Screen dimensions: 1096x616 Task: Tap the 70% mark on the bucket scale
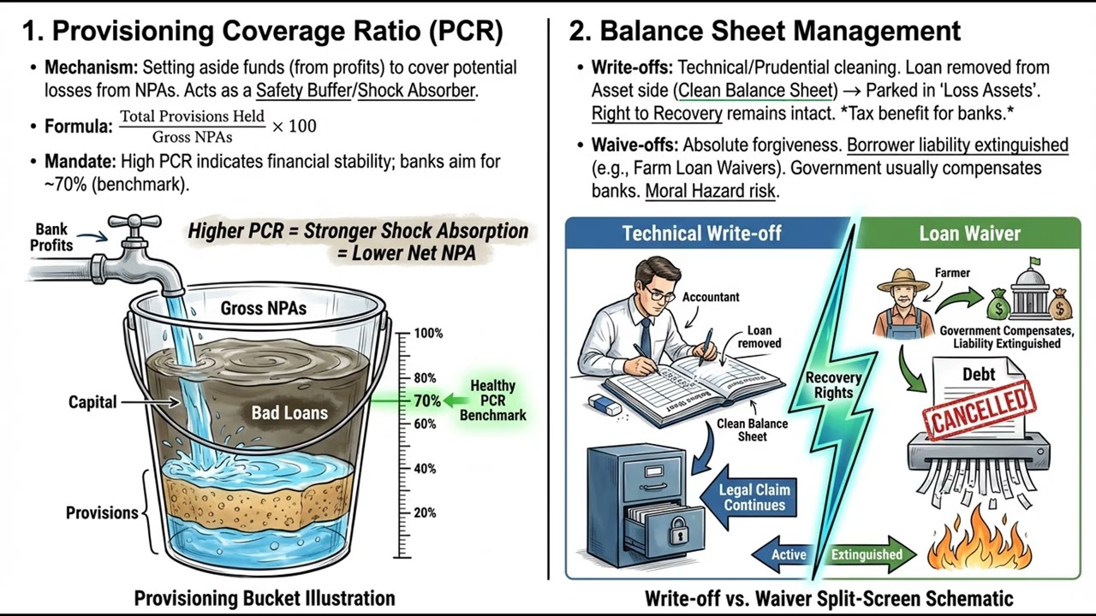pyautogui.click(x=427, y=401)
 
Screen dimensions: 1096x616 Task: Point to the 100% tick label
pyautogui.click(x=429, y=334)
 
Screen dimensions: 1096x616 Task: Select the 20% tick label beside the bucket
pyautogui.click(x=425, y=512)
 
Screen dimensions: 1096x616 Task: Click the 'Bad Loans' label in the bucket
pyautogui.click(x=289, y=412)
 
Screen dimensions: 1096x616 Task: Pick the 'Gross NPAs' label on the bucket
pyautogui.click(x=264, y=309)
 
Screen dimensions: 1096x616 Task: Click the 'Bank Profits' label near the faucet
pyautogui.click(x=51, y=237)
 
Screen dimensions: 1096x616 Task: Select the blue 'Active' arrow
pyautogui.click(x=781, y=554)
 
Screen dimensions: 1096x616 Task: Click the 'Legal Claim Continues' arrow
pyautogui.click(x=748, y=497)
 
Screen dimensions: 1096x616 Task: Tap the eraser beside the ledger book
pyautogui.click(x=605, y=406)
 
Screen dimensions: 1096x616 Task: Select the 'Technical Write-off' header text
pyautogui.click(x=701, y=234)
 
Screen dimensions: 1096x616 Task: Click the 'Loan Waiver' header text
pyautogui.click(x=970, y=234)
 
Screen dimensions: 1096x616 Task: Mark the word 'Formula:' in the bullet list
pyautogui.click(x=79, y=126)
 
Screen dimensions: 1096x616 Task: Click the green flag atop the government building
pyautogui.click(x=1034, y=262)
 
